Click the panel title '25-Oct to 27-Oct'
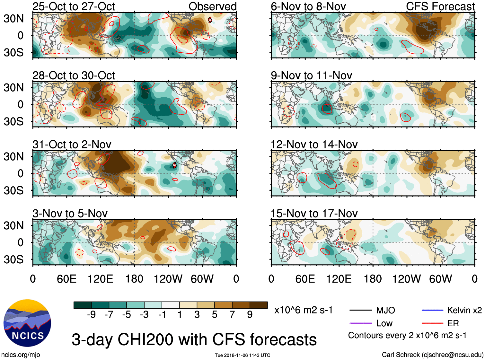click(74, 6)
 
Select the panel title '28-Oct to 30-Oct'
click(74, 75)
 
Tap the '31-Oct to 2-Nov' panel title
click(72, 145)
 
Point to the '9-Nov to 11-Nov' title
click(311, 75)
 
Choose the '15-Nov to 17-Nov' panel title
click(314, 214)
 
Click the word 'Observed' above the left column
click(212, 6)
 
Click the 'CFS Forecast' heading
click(440, 6)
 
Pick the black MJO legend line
click(360, 310)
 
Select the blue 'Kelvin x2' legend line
click(432, 310)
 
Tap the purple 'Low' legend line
click(360, 323)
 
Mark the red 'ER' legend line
click(432, 323)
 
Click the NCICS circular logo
click(27, 323)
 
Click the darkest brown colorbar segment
click(259, 305)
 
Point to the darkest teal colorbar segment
click(83, 305)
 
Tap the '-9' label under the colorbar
click(91, 315)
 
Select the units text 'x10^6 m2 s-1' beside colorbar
click(303, 310)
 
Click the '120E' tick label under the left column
click(100, 279)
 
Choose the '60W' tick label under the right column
click(440, 279)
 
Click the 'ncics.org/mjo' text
click(21, 355)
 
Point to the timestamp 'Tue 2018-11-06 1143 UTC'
click(242, 355)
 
